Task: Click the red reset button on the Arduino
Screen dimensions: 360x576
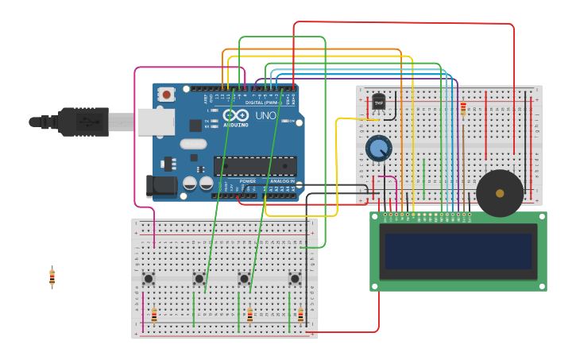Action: [x=166, y=95]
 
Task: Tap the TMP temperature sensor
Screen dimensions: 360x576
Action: [x=379, y=102]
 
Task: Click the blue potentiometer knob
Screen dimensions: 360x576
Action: [x=379, y=149]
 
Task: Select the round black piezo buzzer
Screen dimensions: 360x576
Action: [x=500, y=193]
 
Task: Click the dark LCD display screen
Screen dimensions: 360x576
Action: [x=458, y=251]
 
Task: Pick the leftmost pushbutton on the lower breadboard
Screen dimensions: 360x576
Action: [x=148, y=278]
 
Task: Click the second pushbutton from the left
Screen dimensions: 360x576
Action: [x=199, y=278]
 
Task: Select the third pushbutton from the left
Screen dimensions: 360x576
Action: [x=244, y=278]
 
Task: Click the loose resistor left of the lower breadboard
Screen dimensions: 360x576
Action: [x=52, y=277]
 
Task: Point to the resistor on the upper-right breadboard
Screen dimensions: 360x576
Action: [x=463, y=109]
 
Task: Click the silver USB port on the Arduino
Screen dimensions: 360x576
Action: [x=156, y=122]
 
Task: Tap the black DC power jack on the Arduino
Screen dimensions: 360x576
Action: [x=161, y=187]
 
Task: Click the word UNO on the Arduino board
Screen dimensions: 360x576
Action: [x=266, y=116]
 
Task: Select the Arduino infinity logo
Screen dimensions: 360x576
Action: [x=236, y=116]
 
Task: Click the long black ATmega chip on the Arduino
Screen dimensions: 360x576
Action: [x=254, y=166]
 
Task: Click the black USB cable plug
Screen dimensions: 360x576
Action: [x=83, y=122]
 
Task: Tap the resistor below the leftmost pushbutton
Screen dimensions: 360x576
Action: [x=154, y=315]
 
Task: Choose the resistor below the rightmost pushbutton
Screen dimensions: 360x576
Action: [x=300, y=315]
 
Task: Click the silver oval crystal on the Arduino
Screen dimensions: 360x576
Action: [x=193, y=144]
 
